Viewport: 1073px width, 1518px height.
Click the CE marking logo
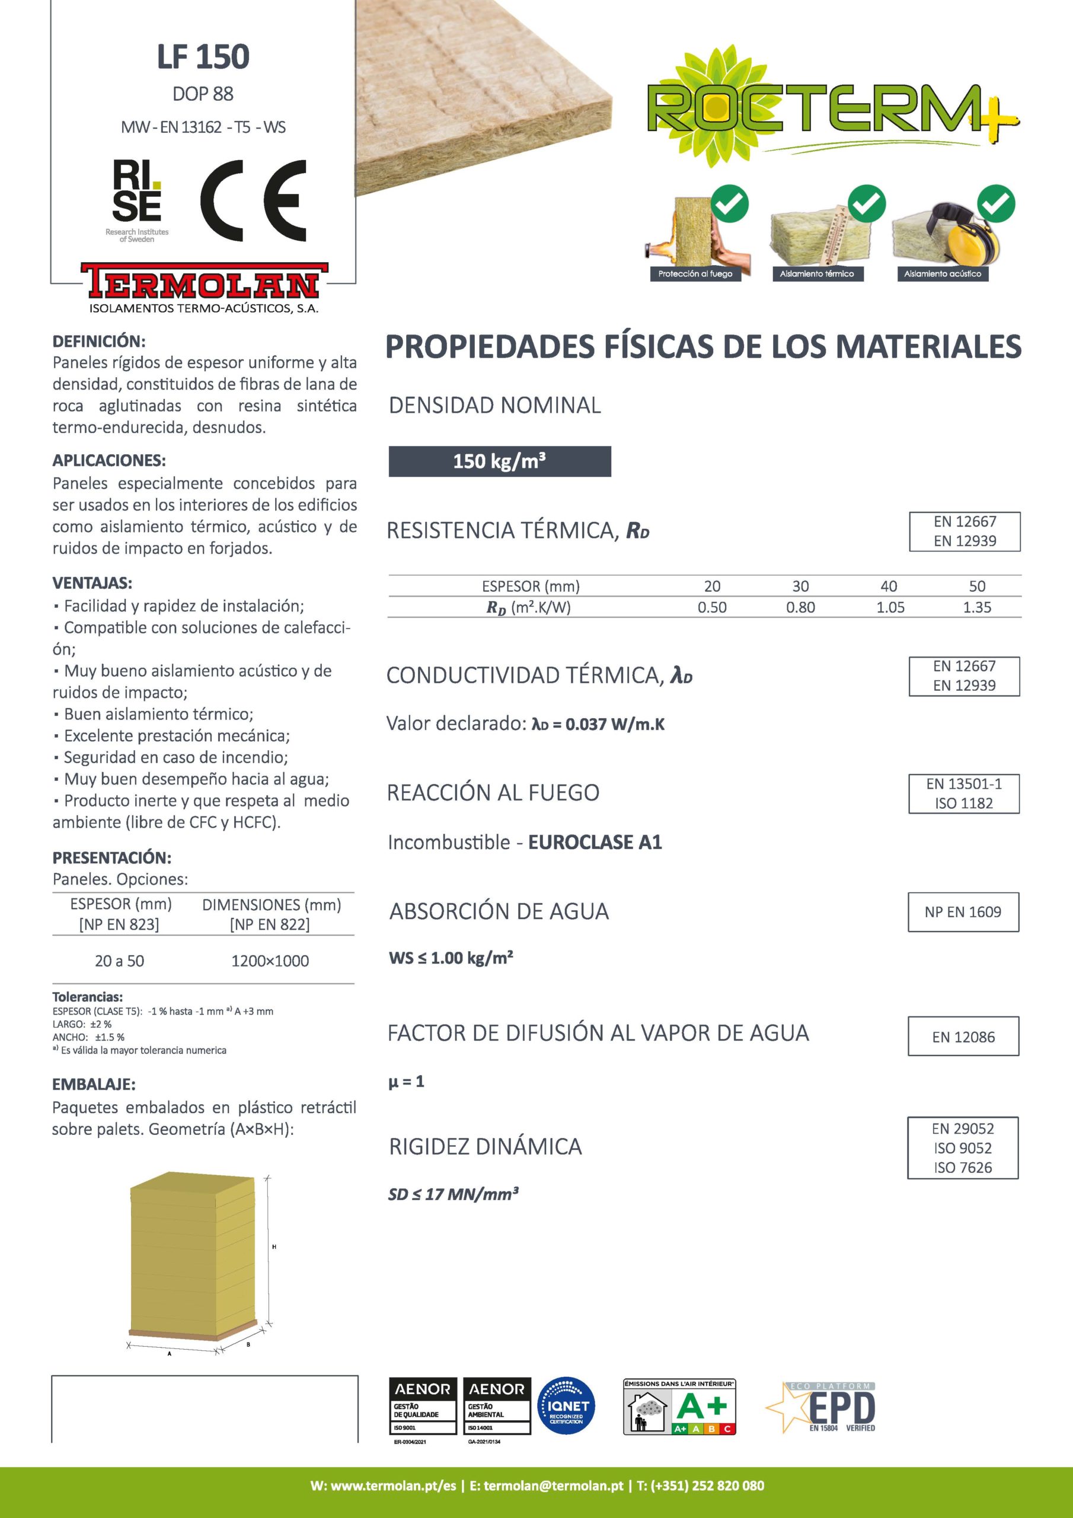(254, 200)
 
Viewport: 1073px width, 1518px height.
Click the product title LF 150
(203, 57)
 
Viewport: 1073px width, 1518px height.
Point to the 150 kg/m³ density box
(499, 461)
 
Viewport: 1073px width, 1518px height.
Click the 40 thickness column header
(889, 586)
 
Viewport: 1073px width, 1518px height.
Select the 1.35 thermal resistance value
(976, 607)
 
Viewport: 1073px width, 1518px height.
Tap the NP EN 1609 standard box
(963, 912)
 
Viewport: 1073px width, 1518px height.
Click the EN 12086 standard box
(963, 1037)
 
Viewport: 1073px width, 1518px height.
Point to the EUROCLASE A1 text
(595, 842)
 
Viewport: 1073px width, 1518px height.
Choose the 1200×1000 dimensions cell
(270, 961)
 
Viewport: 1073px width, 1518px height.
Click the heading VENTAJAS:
(92, 583)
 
